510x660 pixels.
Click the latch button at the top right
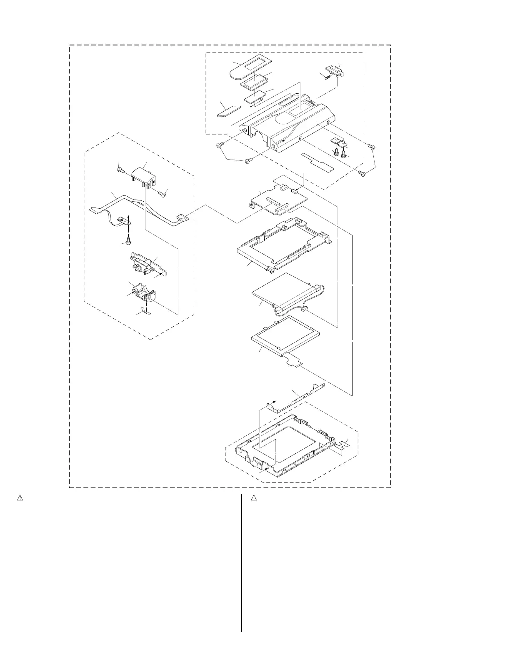point(336,71)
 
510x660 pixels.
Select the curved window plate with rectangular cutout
point(248,67)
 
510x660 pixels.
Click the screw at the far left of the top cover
point(220,145)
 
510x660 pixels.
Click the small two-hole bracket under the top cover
point(340,143)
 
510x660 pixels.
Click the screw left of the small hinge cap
point(120,170)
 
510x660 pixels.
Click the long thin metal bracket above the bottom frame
point(296,397)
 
